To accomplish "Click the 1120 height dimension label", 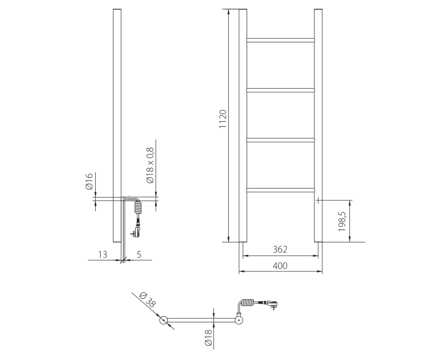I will tap(223, 119).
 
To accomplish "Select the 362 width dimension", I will tap(280, 249).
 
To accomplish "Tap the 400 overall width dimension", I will tap(280, 266).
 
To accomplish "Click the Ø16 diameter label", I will tap(89, 182).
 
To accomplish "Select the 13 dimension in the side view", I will tap(102, 254).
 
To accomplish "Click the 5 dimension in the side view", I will tap(138, 254).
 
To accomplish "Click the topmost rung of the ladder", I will tap(280, 40).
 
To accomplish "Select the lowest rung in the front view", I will tap(280, 190).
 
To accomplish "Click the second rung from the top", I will tap(280, 90).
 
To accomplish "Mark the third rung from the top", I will tap(280, 140).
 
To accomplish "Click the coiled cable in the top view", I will tap(248, 303).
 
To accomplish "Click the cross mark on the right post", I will tap(318, 200).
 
